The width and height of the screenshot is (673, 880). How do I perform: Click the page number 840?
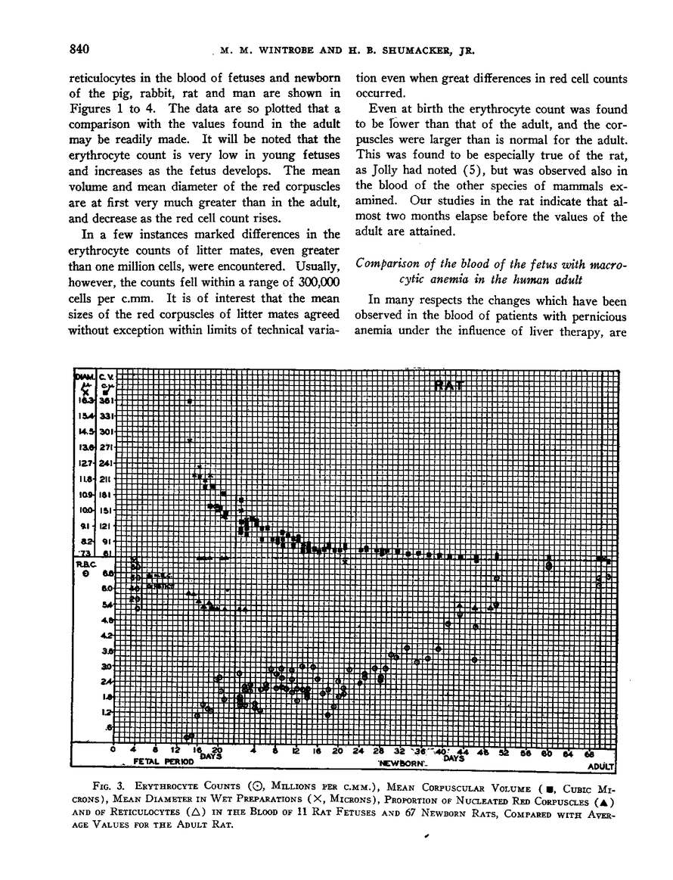74,50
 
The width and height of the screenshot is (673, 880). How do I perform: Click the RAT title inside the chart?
452,385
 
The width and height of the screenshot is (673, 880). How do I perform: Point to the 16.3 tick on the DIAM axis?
85,400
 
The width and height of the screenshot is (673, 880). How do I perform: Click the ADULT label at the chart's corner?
603,766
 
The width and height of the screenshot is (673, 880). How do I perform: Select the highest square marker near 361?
191,401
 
